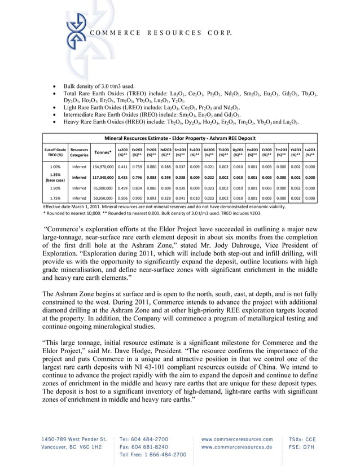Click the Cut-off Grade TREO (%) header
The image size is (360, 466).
click(55, 152)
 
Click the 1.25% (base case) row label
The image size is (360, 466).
click(55, 177)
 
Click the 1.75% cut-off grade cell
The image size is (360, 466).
click(55, 198)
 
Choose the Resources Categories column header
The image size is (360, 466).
click(79, 152)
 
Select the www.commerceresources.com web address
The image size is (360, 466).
click(236, 438)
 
